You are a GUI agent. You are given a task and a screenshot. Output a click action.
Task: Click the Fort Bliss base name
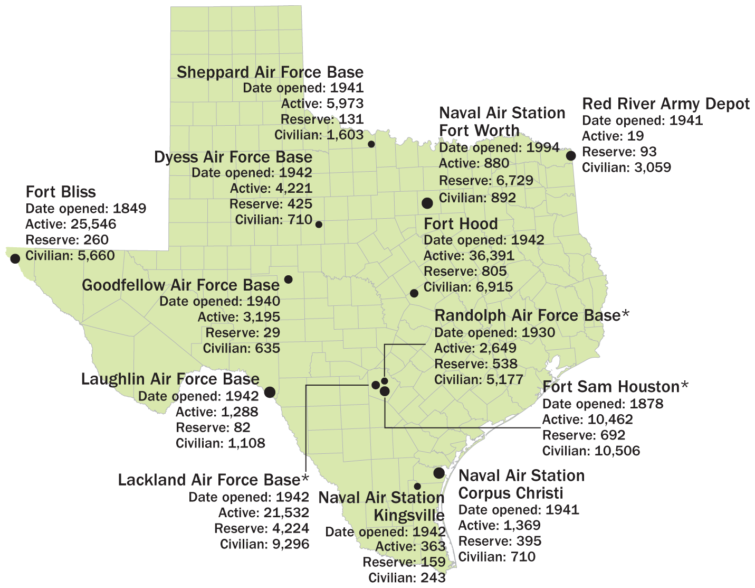coord(61,192)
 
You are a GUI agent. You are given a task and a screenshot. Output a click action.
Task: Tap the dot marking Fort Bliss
coord(15,258)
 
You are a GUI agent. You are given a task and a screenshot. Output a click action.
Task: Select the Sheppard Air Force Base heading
coord(270,72)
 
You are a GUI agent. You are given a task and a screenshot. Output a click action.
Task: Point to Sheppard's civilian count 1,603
coord(345,135)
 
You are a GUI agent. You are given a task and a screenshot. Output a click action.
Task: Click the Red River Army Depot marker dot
coord(570,155)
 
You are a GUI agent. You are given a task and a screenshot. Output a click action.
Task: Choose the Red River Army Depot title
coord(665,104)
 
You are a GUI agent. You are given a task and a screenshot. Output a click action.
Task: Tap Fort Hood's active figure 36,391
coord(491,256)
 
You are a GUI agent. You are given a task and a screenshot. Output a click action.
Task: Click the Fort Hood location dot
coord(414,293)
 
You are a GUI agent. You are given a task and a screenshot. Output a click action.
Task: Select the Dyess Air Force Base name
coord(233,157)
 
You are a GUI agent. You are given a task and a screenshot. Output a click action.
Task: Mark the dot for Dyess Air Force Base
coord(319,224)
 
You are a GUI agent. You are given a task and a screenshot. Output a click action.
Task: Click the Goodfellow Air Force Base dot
coord(288,279)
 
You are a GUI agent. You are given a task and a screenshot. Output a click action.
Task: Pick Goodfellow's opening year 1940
coord(263,301)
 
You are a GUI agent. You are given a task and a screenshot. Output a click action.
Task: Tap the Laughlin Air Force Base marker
coord(270,392)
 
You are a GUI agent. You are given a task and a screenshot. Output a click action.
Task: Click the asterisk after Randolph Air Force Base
coord(626,315)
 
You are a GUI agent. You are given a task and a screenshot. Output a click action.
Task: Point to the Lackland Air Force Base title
coord(209,480)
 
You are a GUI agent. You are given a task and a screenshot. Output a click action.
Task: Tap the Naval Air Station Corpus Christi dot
coord(439,473)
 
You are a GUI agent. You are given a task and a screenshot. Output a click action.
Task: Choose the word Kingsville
coord(409,515)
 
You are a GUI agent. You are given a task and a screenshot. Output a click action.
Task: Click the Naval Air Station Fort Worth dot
coord(427,203)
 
